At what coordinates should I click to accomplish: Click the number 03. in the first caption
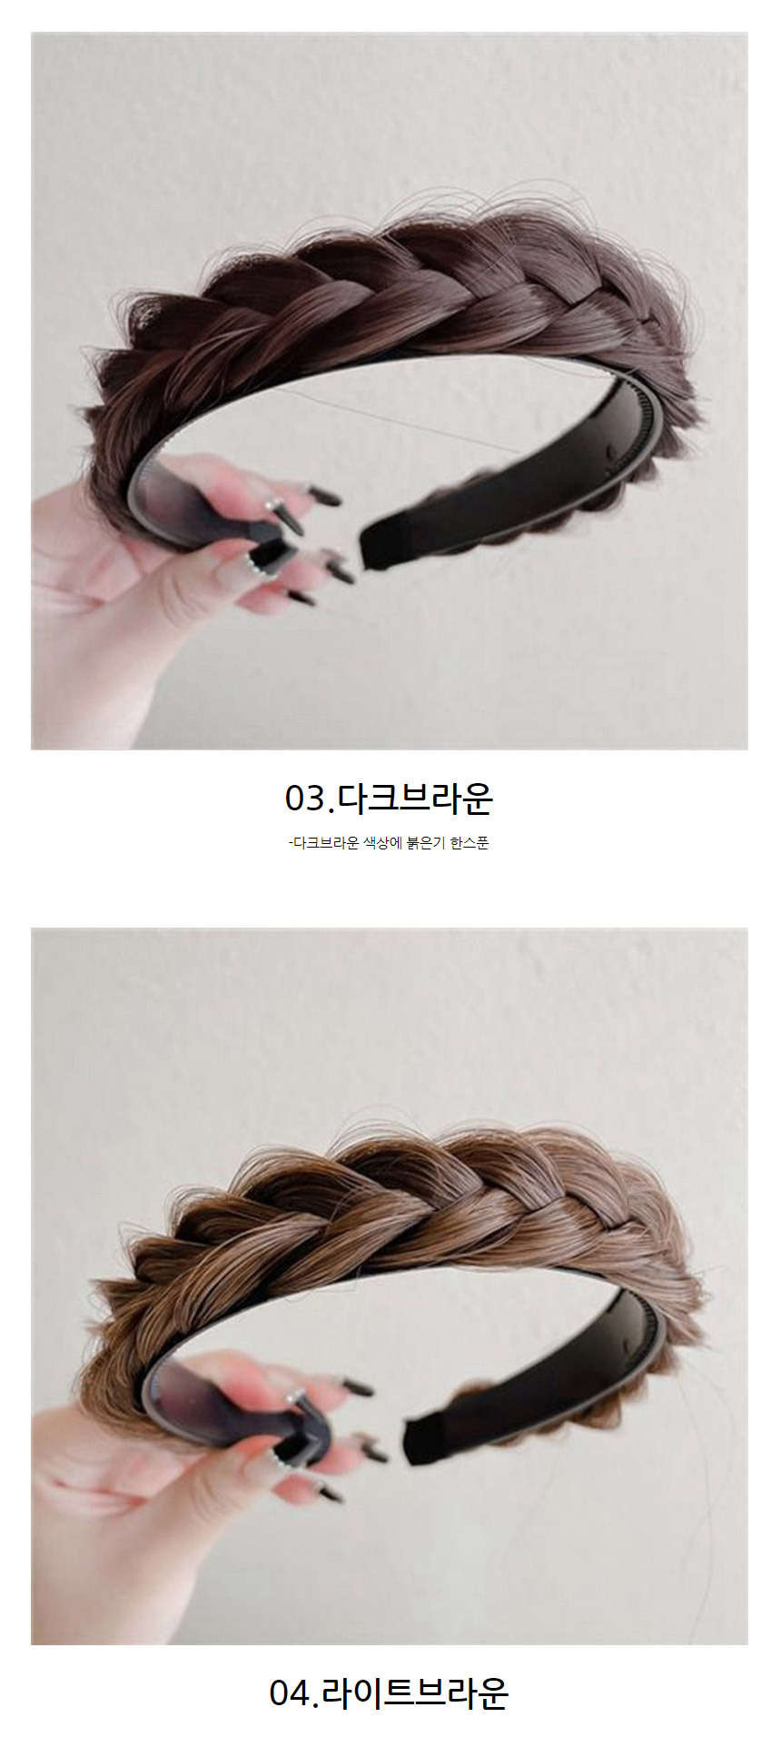click(306, 799)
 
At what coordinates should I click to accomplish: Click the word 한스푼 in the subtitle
click(470, 843)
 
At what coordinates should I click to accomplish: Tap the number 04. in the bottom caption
click(292, 1692)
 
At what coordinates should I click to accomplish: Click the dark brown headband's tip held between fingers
click(268, 550)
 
